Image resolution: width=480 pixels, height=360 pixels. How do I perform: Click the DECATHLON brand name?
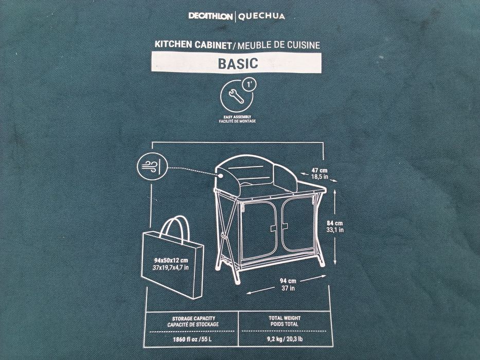[210, 17]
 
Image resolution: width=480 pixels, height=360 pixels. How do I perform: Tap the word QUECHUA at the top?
[260, 17]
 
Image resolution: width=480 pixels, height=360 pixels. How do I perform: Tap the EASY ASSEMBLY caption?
[237, 118]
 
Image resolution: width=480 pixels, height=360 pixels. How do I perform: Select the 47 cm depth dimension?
[319, 170]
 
